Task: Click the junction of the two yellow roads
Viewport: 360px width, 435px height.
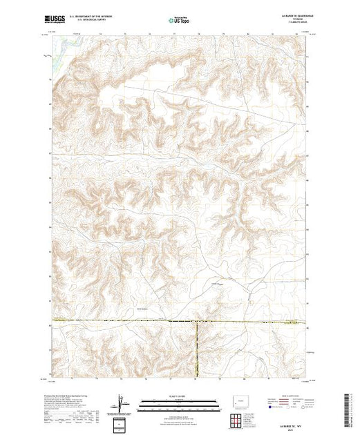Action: [x=197, y=322]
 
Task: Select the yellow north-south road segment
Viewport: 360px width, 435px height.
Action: [x=197, y=349]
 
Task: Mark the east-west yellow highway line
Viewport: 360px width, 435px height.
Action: [x=124, y=321]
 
